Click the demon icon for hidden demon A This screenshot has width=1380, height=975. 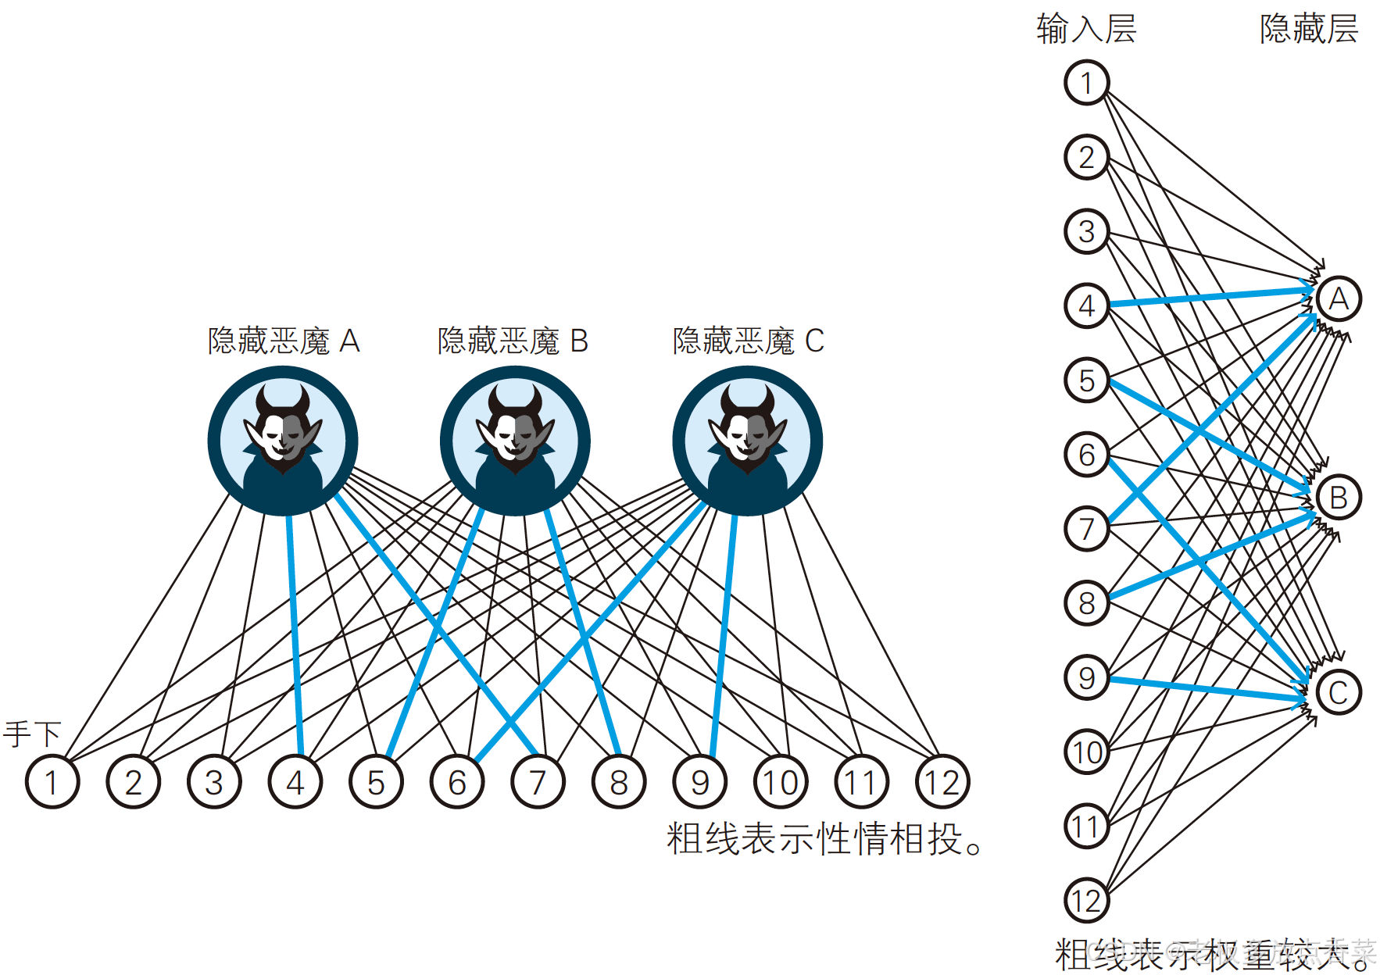point(283,441)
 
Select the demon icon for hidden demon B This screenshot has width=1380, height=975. point(515,441)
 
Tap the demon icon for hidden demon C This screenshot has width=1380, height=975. point(747,441)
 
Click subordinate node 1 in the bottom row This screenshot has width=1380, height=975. point(52,781)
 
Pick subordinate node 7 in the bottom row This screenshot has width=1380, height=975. point(538,781)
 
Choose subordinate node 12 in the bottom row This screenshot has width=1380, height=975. point(942,781)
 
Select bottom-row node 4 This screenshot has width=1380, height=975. point(295,781)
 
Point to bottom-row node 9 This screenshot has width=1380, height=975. point(699,781)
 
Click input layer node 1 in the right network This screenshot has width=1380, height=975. point(1086,82)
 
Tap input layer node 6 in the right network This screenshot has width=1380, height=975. point(1086,454)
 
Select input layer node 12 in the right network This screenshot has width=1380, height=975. point(1086,900)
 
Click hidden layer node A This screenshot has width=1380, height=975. point(1339,298)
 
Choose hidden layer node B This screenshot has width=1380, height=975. point(1339,497)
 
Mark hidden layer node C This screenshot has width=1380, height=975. point(1339,692)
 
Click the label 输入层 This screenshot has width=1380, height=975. point(1086,29)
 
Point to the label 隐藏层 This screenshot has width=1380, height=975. point(1309,29)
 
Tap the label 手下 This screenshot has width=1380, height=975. point(32,734)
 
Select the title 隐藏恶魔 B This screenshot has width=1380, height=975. point(513,341)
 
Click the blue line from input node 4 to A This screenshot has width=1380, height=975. point(1211,297)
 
